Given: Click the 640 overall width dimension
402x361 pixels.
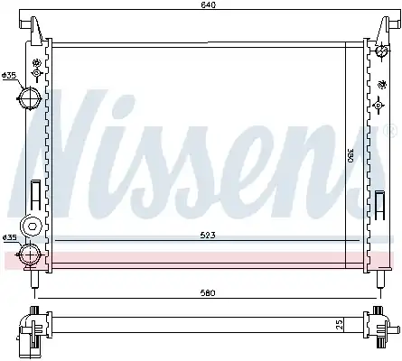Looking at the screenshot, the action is coord(209,5).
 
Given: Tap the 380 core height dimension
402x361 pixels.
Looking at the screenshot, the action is coord(351,155).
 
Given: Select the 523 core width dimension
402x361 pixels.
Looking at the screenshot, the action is coord(208,236).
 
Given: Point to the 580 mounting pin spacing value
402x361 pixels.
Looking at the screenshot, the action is coord(208,292).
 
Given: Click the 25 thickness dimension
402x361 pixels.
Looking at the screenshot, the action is coord(340,325).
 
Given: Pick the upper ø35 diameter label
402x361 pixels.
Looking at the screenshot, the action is coord(9,76).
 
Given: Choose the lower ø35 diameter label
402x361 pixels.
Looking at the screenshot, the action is coord(9,237).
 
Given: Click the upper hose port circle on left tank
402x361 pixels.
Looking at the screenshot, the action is coord(30,98).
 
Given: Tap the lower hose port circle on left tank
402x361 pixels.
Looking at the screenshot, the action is coord(31,255).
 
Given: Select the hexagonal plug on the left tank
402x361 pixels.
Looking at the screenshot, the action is coord(31,226).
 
